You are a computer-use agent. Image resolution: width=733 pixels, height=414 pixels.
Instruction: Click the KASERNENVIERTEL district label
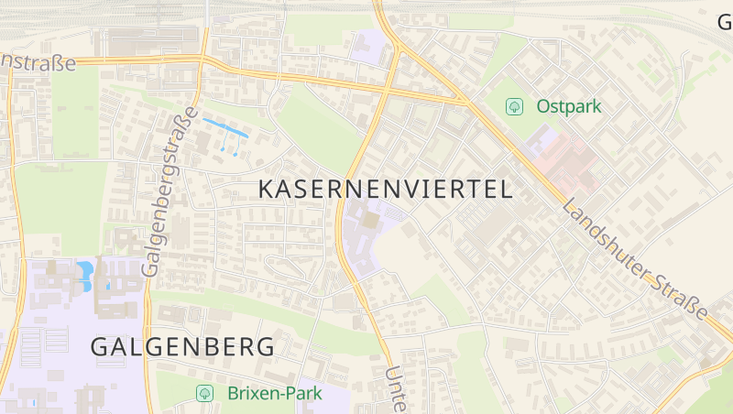pyautogui.click(x=385, y=190)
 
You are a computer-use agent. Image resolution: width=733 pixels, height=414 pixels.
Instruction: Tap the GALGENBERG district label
pyautogui.click(x=182, y=347)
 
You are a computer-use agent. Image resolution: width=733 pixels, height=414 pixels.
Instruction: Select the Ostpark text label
pyautogui.click(x=569, y=106)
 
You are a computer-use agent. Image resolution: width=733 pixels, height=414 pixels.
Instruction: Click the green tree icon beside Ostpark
pyautogui.click(x=515, y=106)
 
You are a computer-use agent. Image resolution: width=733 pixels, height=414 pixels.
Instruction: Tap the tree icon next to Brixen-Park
pyautogui.click(x=205, y=393)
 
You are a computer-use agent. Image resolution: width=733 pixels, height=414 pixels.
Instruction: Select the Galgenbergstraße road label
pyautogui.click(x=171, y=192)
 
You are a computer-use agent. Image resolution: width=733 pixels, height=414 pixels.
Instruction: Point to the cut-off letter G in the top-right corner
pyautogui.click(x=725, y=21)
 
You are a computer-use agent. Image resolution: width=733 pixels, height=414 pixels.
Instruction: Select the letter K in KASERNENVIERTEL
pyautogui.click(x=268, y=190)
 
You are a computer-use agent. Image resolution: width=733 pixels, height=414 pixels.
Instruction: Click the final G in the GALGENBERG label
pyautogui.click(x=265, y=347)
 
